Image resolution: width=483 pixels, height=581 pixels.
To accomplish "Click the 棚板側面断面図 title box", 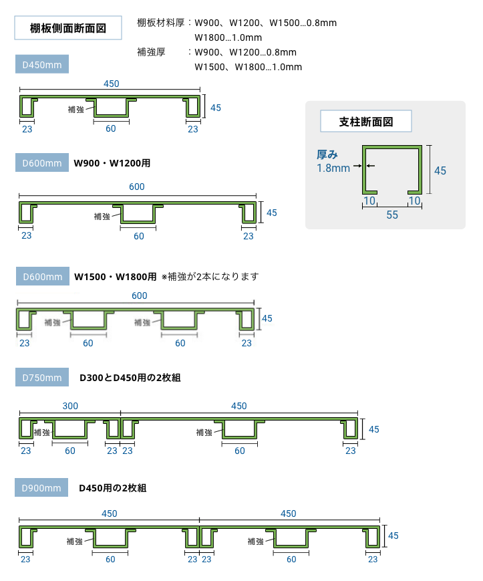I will (x=67, y=29).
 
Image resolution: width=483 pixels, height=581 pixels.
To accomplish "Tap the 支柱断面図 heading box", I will (x=365, y=122).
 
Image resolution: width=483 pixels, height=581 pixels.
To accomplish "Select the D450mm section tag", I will (x=42, y=65).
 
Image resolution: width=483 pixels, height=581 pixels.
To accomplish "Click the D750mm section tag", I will (x=42, y=378).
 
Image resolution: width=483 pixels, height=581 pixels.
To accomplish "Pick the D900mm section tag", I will (x=42, y=488).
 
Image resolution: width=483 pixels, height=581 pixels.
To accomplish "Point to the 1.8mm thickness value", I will (x=333, y=168).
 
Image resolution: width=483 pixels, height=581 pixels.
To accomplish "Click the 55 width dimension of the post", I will (x=391, y=215).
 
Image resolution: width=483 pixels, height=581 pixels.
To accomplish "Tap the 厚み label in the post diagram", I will (x=327, y=154).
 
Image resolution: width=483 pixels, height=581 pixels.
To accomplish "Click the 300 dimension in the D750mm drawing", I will (x=70, y=406).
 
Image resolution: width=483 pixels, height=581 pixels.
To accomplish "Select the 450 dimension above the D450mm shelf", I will (x=112, y=84).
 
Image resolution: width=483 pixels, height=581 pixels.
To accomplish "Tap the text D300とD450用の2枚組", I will (x=130, y=378).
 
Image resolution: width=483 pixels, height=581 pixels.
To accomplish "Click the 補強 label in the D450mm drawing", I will (x=76, y=109).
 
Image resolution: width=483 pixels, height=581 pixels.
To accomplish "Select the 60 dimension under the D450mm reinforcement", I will (x=111, y=128).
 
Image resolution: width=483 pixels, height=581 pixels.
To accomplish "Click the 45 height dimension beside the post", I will (x=440, y=170).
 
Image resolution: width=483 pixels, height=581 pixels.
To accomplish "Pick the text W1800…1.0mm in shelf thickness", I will (x=228, y=37).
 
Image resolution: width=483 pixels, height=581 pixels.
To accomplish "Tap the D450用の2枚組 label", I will (x=113, y=488).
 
